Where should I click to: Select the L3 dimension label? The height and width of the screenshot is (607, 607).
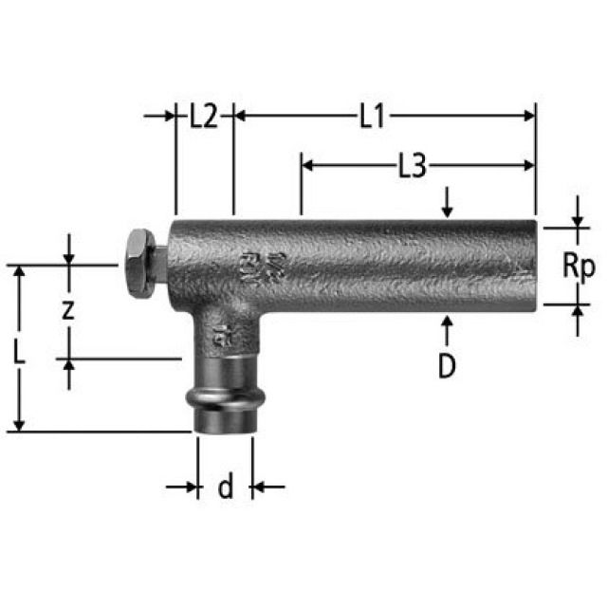pyautogui.click(x=410, y=166)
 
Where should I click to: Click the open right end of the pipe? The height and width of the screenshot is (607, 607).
pyautogui.click(x=532, y=267)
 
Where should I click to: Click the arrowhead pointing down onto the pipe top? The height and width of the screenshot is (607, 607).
pyautogui.click(x=448, y=212)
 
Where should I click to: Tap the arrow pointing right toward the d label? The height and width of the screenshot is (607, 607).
pyautogui.click(x=190, y=487)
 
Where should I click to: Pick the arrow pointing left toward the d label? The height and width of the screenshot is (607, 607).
pyautogui.click(x=259, y=487)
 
